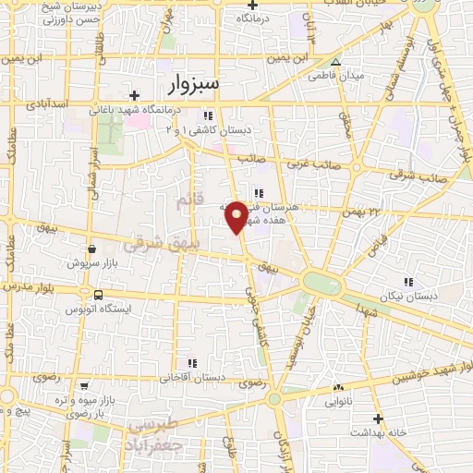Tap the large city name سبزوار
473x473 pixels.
[x=196, y=85]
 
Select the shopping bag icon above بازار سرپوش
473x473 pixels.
[x=92, y=249]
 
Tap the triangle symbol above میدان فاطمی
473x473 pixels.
[x=336, y=63]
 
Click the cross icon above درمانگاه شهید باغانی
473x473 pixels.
[x=135, y=95]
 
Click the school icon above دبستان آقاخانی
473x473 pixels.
[x=191, y=363]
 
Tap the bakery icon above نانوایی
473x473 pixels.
[x=338, y=388]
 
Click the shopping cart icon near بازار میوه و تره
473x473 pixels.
[x=85, y=386]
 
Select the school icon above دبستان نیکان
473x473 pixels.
[x=407, y=282]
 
